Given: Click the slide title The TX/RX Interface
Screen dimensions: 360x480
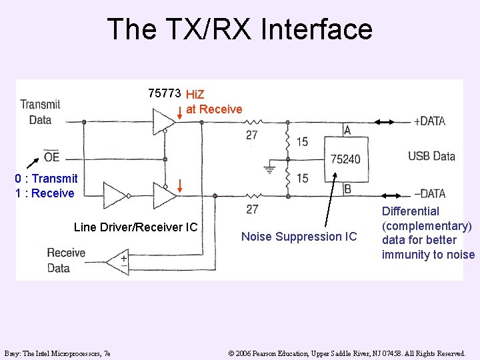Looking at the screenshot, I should point(239,29).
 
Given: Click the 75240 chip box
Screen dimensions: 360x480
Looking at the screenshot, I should point(346,159).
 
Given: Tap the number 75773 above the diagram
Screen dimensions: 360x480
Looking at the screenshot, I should point(165,93).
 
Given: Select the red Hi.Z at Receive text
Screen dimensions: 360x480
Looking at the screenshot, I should point(213,102).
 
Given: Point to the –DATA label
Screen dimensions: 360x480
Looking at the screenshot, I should point(430,194).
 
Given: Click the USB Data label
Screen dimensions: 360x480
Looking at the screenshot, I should point(431,157).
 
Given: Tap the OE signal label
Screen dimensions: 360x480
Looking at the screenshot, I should point(51,157).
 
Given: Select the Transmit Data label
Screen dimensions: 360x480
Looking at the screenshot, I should point(40,112).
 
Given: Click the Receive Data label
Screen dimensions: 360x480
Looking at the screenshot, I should point(66,260).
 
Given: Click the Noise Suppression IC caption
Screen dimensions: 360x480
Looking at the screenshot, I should point(299,237).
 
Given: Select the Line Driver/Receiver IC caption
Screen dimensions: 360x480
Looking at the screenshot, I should point(135,227).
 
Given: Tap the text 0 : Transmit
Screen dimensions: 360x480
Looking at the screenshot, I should point(46,179).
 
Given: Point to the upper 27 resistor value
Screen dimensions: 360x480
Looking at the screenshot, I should point(251,135).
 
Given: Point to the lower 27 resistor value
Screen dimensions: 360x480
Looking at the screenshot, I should point(251,209).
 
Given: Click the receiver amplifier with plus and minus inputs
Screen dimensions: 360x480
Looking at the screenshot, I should point(119,261).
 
